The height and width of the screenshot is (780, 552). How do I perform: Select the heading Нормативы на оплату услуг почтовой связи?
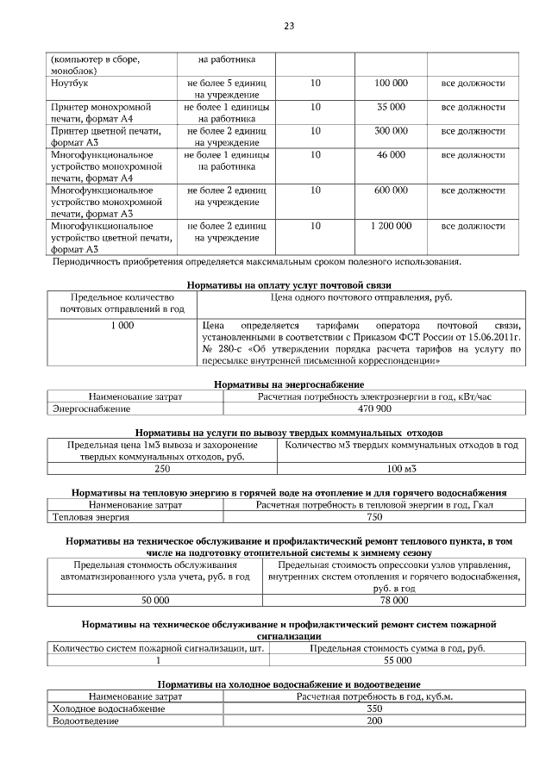pos(289,284)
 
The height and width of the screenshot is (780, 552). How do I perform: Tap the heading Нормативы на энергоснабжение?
pos(289,384)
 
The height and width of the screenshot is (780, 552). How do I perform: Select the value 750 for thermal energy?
pos(374,517)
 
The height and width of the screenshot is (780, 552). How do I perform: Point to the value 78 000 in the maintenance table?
pos(394,599)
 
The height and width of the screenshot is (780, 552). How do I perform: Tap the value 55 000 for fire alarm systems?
pos(397,659)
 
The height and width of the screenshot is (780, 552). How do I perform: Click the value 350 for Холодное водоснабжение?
pos(374,708)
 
